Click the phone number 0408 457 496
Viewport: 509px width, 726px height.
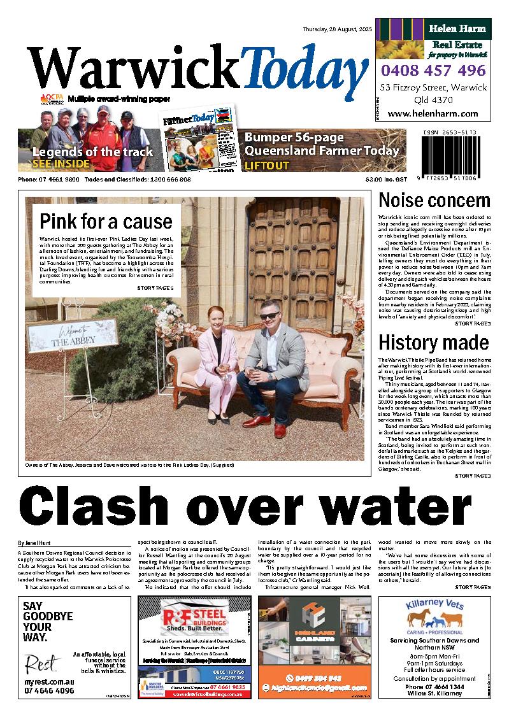[x=433, y=70]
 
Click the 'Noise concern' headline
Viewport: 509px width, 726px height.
[x=434, y=201]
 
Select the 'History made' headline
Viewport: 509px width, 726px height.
[x=434, y=342]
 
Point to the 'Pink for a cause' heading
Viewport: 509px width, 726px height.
[x=106, y=222]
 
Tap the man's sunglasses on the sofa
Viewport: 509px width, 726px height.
[x=269, y=316]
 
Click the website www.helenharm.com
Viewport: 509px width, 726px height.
[x=433, y=114]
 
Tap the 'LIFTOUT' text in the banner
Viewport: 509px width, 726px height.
[x=267, y=166]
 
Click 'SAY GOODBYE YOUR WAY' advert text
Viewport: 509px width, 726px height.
[x=48, y=622]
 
